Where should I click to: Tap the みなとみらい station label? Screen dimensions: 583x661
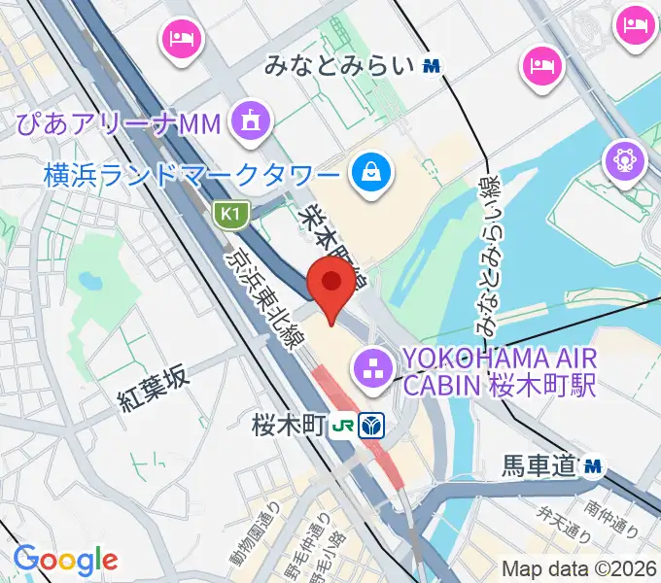341,65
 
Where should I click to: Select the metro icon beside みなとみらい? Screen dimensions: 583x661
433,65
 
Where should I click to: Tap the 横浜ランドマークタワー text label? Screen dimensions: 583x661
192,176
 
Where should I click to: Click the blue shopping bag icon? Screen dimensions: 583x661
371,175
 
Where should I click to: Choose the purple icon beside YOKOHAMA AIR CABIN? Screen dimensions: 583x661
371,368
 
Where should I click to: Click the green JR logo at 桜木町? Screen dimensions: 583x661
343,425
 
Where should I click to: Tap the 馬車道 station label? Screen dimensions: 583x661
539,467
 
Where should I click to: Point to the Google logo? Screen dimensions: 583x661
65,559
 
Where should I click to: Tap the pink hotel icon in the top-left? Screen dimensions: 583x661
181,39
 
